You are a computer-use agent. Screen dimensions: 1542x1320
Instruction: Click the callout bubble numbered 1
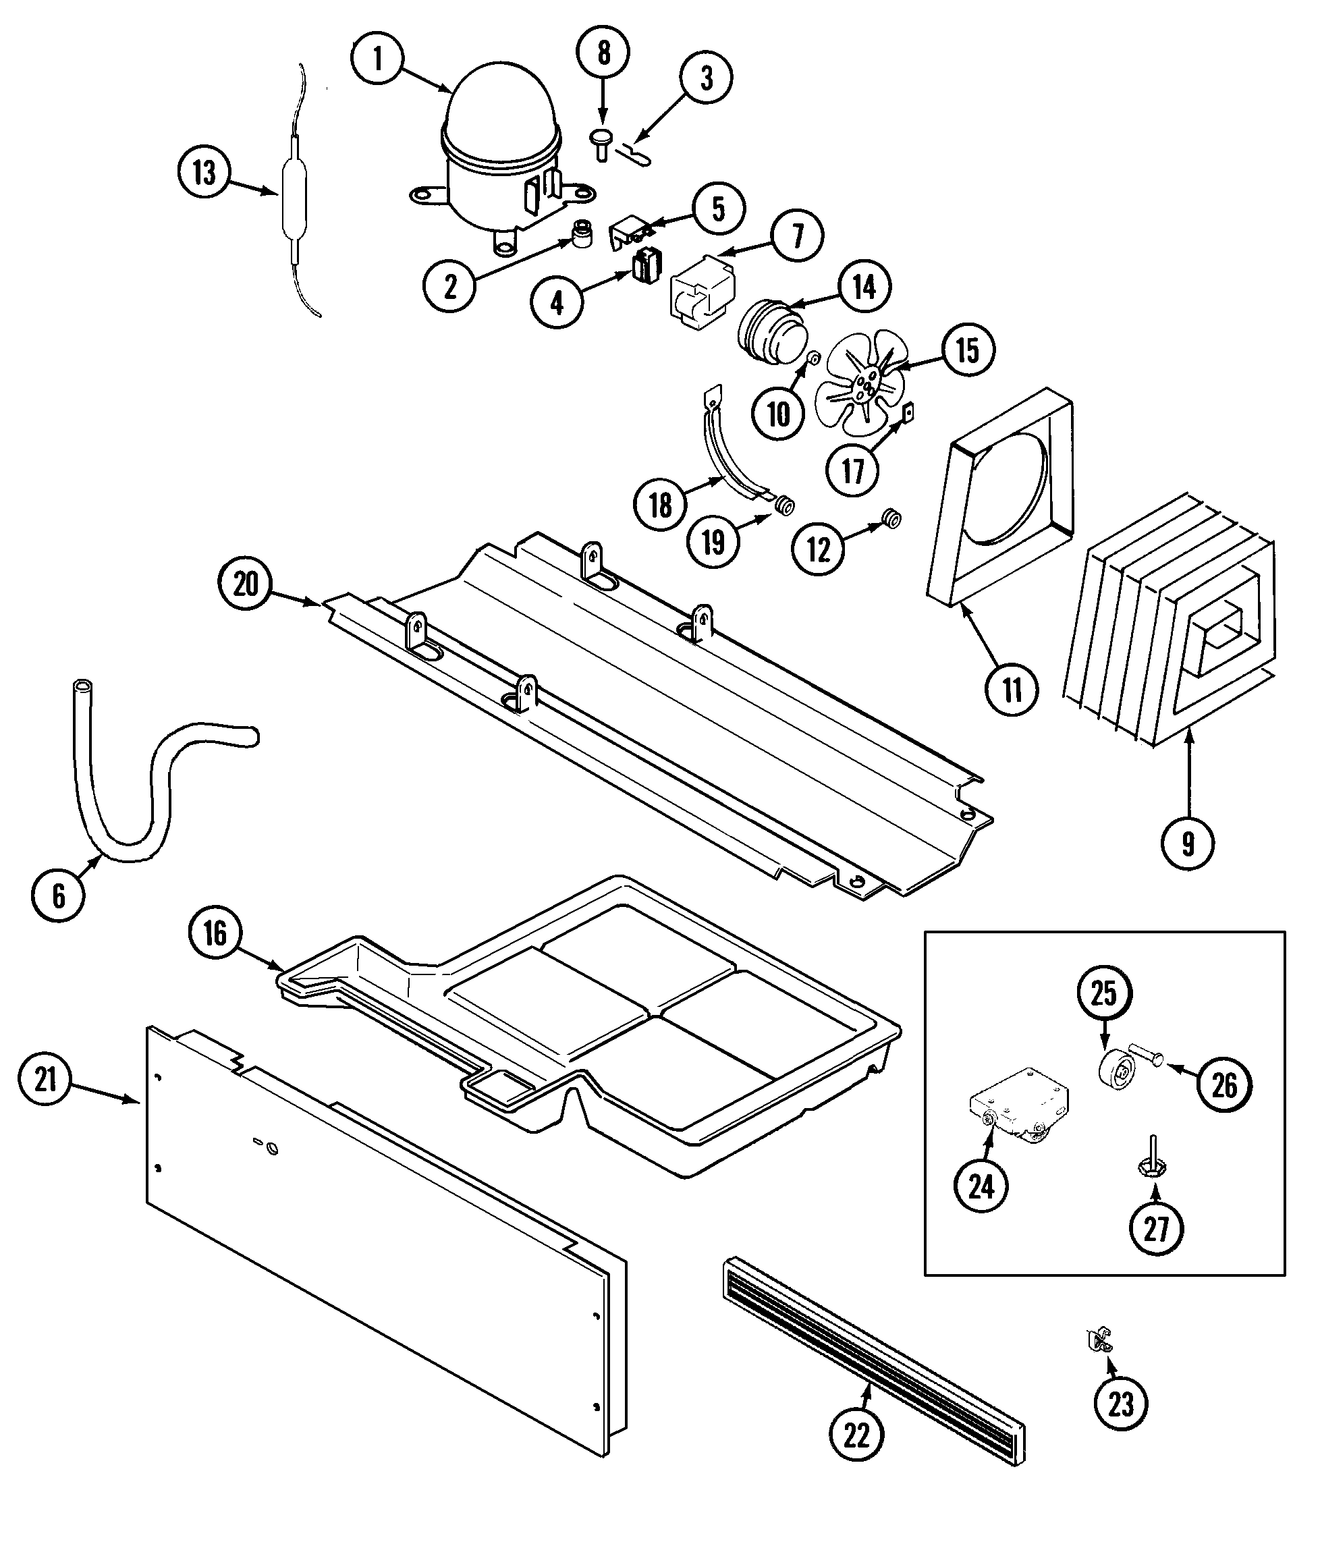pyautogui.click(x=377, y=58)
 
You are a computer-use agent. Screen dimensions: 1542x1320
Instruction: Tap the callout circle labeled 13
pyautogui.click(x=204, y=173)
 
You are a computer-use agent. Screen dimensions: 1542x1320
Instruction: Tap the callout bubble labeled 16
pyautogui.click(x=215, y=933)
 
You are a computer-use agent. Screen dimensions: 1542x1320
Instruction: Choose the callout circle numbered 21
pyautogui.click(x=45, y=1078)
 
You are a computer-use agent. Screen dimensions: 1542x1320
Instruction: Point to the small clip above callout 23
pyautogui.click(x=1097, y=1340)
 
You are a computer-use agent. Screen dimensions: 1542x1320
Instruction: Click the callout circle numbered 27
pyautogui.click(x=1156, y=1229)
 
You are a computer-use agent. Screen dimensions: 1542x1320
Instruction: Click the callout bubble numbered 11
pyautogui.click(x=1012, y=690)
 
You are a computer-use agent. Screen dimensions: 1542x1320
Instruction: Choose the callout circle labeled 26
pyautogui.click(x=1224, y=1086)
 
